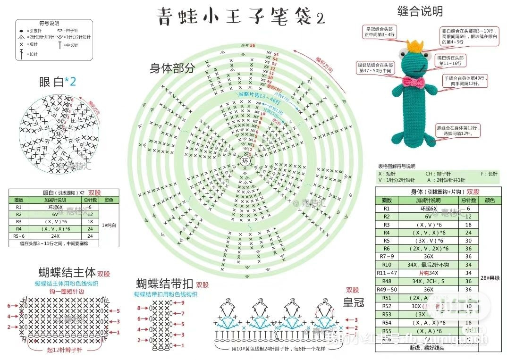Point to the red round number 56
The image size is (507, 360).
pos(253,45)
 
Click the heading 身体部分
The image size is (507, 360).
pos(172,68)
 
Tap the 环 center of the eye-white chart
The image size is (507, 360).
pos(59,133)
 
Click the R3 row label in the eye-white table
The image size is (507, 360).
pos(19,221)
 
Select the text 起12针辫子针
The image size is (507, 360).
pos(65,350)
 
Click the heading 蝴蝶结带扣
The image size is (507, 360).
pos(164,284)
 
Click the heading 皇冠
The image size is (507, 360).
pos(354,302)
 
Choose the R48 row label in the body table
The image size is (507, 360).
pos(387,281)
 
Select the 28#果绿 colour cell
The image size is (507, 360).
pos(490,278)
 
